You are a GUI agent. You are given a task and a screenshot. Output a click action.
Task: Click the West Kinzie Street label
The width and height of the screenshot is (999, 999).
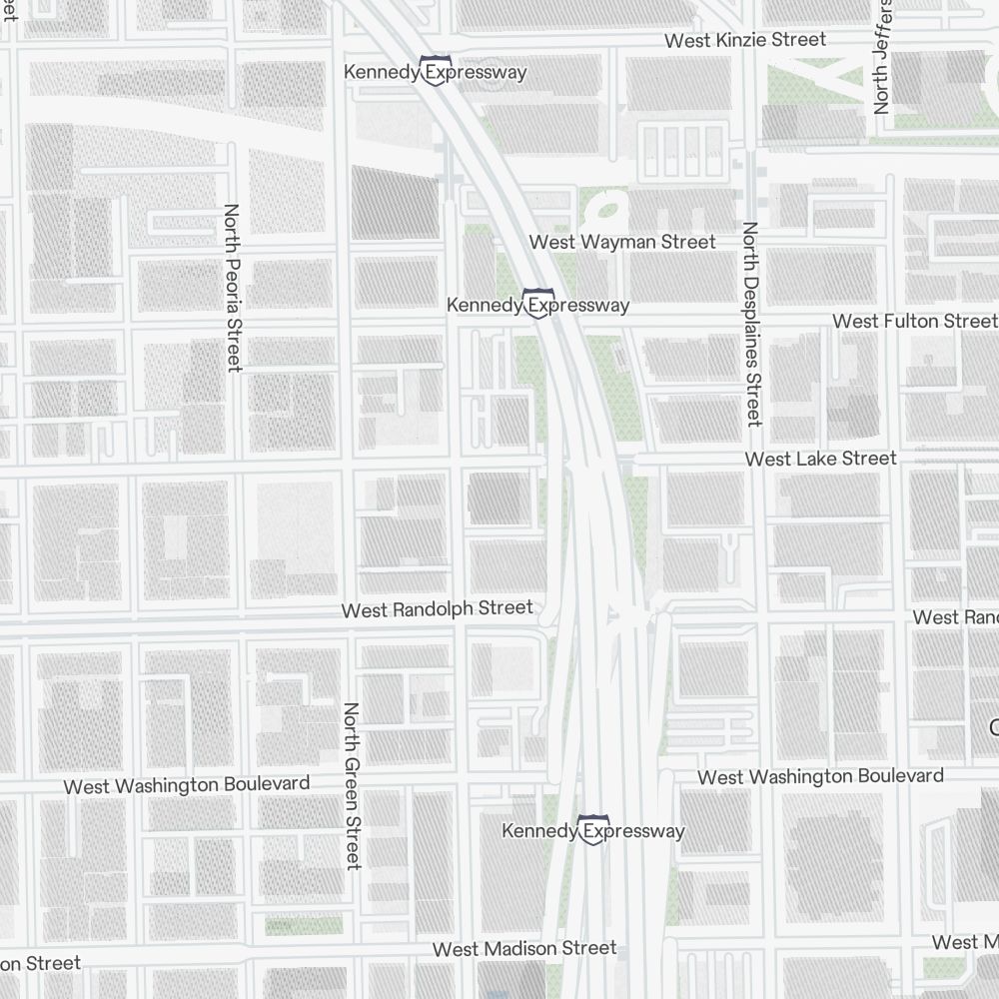tap(745, 40)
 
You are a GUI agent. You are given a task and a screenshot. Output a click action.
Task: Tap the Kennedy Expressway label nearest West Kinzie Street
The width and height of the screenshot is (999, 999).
tap(435, 72)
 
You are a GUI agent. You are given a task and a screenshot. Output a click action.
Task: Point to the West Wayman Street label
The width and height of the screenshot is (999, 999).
tap(621, 242)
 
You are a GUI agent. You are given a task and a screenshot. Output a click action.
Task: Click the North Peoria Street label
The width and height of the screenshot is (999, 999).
tap(233, 288)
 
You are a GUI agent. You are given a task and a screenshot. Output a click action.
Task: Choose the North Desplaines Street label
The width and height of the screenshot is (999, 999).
tap(751, 324)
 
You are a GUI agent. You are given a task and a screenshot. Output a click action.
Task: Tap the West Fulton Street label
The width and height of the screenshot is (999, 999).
tap(914, 321)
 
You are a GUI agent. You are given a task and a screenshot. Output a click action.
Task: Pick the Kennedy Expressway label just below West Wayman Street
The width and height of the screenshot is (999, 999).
tap(537, 305)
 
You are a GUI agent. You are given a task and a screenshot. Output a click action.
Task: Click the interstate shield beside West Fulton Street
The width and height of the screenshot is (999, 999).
tap(538, 302)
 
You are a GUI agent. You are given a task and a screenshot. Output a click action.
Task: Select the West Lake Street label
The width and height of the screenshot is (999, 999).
tap(821, 459)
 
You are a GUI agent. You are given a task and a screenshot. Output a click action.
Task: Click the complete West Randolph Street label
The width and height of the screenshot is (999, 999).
tap(437, 608)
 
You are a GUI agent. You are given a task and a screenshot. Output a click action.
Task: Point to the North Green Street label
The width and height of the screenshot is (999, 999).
tap(351, 785)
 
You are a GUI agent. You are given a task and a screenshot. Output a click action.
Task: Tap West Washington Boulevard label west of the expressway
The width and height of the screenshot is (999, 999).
tap(187, 785)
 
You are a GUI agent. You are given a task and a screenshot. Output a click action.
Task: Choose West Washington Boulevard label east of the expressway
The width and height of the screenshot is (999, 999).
tap(820, 776)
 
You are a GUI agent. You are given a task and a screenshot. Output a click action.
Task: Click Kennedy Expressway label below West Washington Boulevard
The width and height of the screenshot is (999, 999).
tap(593, 831)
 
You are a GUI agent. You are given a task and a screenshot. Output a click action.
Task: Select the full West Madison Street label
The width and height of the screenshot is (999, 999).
tap(524, 948)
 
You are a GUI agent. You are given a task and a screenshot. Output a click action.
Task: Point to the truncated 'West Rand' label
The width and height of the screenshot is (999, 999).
tap(955, 617)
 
